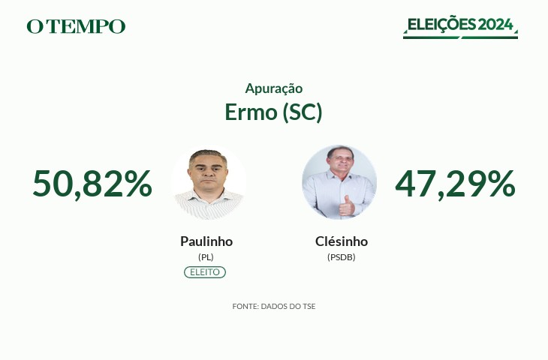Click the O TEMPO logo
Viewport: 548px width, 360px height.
[x=76, y=26]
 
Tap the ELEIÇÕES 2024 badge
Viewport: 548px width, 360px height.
[x=460, y=26]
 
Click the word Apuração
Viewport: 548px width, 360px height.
[x=274, y=88]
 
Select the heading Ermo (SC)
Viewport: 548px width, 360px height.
[x=273, y=112]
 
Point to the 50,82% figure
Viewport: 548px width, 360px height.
[x=92, y=184]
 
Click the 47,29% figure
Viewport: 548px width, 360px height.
[x=455, y=184]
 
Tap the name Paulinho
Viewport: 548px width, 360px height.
[x=206, y=241]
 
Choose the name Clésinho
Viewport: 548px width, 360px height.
[x=342, y=241]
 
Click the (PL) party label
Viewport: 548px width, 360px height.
[x=206, y=257]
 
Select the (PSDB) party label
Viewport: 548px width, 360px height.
[x=342, y=257]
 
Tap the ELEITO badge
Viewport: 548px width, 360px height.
[x=205, y=272]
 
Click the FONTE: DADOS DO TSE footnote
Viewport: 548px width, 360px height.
[x=274, y=307]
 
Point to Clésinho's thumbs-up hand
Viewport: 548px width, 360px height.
[x=346, y=206]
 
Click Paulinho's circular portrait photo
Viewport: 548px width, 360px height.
[x=209, y=182]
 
